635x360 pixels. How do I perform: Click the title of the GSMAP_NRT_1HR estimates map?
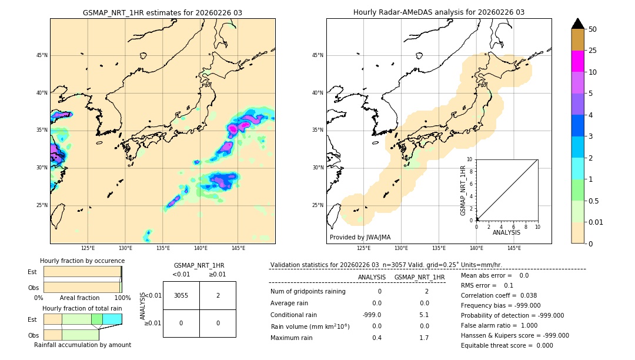pyautogui.click(x=162, y=12)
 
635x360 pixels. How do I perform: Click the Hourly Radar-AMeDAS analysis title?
pyautogui.click(x=439, y=12)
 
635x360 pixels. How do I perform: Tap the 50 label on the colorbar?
pyautogui.click(x=593, y=29)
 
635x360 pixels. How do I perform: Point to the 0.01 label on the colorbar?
pyautogui.click(x=597, y=222)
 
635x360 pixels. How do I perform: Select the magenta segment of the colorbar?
pyautogui.click(x=577, y=61)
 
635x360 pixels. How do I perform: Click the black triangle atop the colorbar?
pyautogui.click(x=577, y=24)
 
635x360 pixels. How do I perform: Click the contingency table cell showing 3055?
pyautogui.click(x=181, y=295)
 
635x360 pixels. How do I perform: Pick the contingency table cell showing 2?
pyautogui.click(x=218, y=295)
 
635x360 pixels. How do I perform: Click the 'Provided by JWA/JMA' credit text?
pyautogui.click(x=360, y=237)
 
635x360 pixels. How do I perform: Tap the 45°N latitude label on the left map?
pyautogui.click(x=41, y=55)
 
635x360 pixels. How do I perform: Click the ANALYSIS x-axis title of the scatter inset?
pyautogui.click(x=506, y=232)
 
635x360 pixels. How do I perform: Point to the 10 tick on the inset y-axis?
pyautogui.click(x=470, y=159)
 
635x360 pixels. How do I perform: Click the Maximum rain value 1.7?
pyautogui.click(x=424, y=338)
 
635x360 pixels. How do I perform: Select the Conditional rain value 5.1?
pyautogui.click(x=424, y=315)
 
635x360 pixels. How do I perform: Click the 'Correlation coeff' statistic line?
pyautogui.click(x=499, y=295)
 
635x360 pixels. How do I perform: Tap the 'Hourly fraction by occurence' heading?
pyautogui.click(x=82, y=261)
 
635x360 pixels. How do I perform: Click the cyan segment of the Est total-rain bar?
pyautogui.click(x=112, y=319)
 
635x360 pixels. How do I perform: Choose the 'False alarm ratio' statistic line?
pyautogui.click(x=499, y=325)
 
